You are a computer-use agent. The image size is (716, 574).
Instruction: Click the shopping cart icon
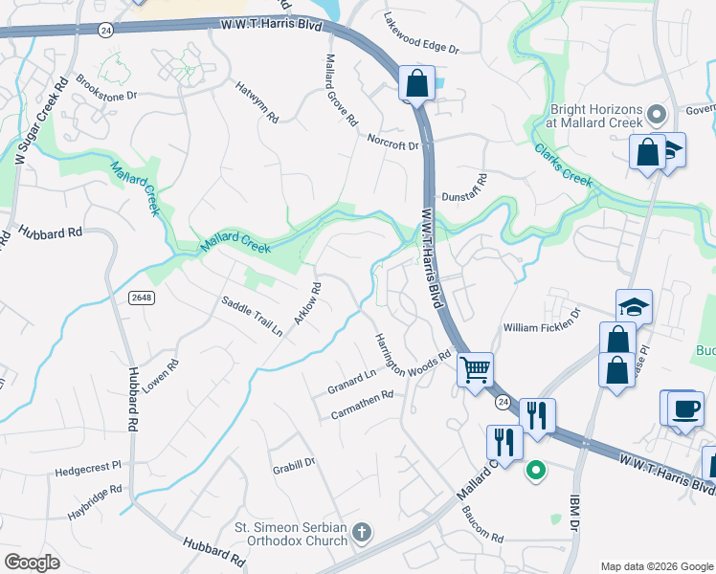tap(475, 368)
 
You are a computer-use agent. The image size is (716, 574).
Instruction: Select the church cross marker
tap(361, 531)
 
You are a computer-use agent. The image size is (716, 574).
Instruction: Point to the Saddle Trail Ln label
tap(252, 317)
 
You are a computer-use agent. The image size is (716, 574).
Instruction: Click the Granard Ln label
tap(351, 380)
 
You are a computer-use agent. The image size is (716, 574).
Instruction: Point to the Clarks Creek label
tap(565, 165)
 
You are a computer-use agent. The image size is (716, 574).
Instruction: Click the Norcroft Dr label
tap(393, 142)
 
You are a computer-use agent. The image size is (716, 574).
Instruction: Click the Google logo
tap(33, 562)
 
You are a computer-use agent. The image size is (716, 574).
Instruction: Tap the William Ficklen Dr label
tap(543, 320)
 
